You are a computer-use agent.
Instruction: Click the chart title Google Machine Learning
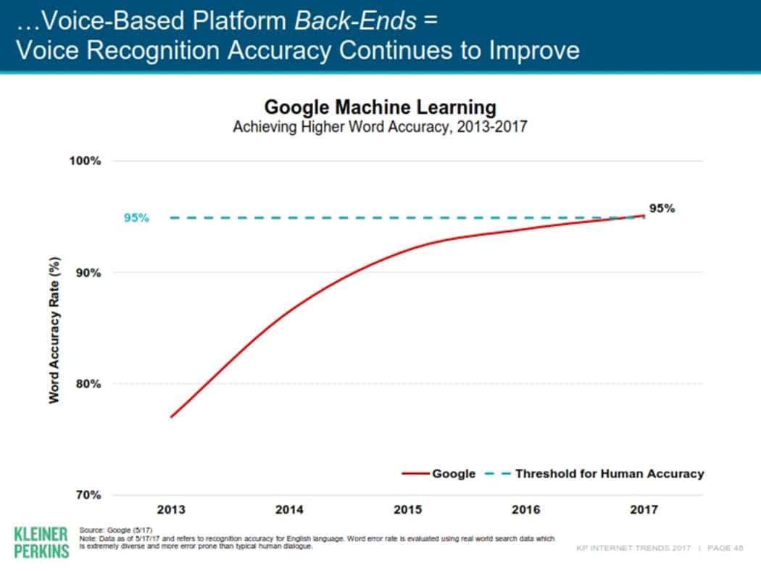[380, 107]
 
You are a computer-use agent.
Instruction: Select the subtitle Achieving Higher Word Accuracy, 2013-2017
[380, 127]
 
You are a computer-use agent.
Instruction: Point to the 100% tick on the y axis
[86, 161]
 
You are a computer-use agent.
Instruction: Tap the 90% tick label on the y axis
[88, 272]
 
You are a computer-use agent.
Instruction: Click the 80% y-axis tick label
[88, 384]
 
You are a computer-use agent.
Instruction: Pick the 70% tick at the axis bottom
[88, 496]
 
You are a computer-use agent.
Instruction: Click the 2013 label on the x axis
[171, 509]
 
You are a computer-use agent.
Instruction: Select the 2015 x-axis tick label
[407, 509]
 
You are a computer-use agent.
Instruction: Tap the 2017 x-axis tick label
[644, 509]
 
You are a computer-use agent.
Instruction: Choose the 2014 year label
[289, 509]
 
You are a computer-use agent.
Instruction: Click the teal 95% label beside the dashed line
[136, 217]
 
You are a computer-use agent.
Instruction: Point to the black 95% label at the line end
[662, 208]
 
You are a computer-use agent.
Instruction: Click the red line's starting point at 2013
[171, 417]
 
